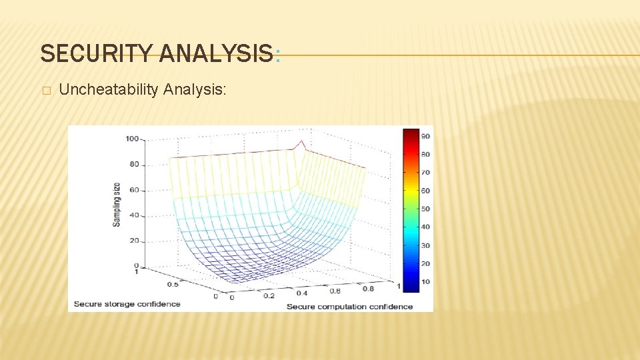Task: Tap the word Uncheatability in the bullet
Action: coord(107,89)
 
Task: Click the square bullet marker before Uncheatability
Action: coord(45,90)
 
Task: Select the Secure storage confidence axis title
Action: coord(127,304)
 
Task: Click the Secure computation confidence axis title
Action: coord(349,307)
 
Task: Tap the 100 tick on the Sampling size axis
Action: coord(131,139)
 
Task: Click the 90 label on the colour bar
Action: coord(425,136)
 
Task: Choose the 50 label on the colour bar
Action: coord(425,209)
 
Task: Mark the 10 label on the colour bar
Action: coord(425,281)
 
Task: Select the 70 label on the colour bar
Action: coord(425,173)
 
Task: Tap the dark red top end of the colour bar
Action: coord(411,131)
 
